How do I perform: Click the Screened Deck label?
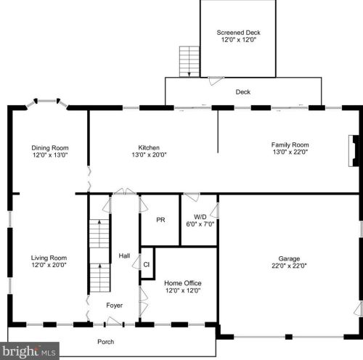click(238, 33)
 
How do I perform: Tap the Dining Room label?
click(50, 147)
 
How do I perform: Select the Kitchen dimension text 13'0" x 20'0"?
click(149, 155)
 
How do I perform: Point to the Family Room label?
click(290, 144)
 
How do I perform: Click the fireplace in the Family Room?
click(354, 151)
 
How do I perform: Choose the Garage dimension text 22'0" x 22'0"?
click(289, 266)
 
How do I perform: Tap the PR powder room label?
click(160, 220)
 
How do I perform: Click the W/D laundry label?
click(200, 216)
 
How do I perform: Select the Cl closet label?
click(147, 264)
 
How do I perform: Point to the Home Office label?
click(183, 283)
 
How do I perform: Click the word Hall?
click(124, 255)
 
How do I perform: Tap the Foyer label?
click(115, 306)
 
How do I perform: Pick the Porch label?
click(106, 342)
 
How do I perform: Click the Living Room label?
click(49, 258)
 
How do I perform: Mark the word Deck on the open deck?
click(243, 91)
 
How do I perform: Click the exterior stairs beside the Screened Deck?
click(189, 62)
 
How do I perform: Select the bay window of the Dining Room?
click(47, 103)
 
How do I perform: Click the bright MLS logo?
click(29, 351)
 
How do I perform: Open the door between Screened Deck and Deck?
click(216, 81)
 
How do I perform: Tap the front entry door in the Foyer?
click(114, 321)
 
